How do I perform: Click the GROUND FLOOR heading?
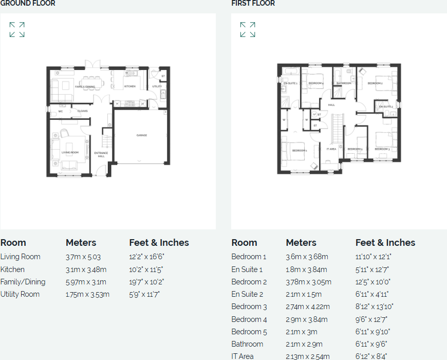28,4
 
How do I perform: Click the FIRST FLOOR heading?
253,4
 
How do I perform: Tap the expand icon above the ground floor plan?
17,30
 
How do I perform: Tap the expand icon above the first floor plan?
248,30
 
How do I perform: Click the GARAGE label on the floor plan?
141,135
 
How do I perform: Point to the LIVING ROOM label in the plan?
70,152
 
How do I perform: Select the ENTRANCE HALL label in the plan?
101,154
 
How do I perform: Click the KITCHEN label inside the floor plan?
129,86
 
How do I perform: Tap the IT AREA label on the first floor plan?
331,149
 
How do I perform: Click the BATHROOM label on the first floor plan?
344,83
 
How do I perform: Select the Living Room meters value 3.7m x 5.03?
83,257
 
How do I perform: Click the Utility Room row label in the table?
20,294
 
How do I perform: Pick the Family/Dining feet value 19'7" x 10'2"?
146,282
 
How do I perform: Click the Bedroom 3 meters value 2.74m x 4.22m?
307,307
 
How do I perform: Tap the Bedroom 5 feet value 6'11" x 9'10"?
373,332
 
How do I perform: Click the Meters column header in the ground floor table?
81,243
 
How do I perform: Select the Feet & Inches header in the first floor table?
385,243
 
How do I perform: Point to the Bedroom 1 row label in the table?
249,257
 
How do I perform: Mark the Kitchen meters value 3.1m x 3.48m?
86,269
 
